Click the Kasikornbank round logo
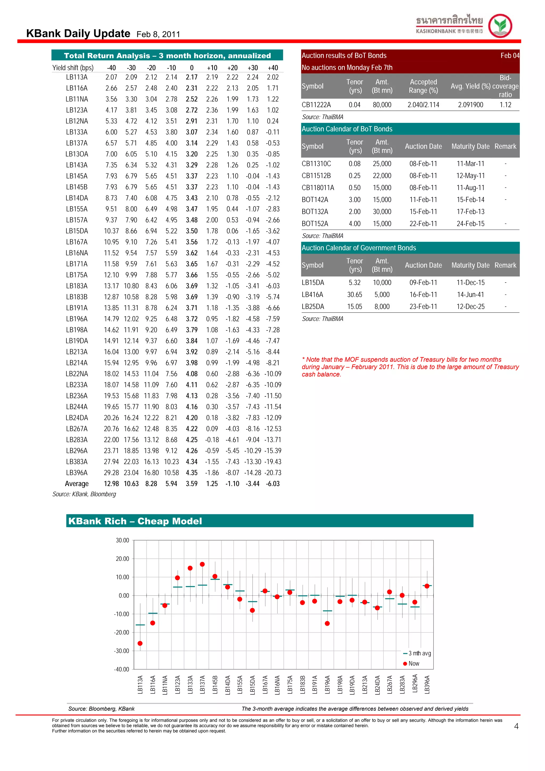pyautogui.click(x=500, y=26)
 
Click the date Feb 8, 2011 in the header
pyautogui.click(x=158, y=34)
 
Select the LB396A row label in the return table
pyautogui.click(x=77, y=472)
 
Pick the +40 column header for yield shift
pyautogui.click(x=273, y=68)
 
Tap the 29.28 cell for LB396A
pyautogui.click(x=111, y=472)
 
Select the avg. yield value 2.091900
pyautogui.click(x=470, y=105)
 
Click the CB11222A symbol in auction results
pyautogui.click(x=316, y=105)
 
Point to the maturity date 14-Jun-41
pyautogui.click(x=470, y=295)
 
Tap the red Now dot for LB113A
pyautogui.click(x=140, y=643)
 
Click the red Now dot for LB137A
pyautogui.click(x=202, y=564)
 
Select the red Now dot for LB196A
pyautogui.click(x=327, y=623)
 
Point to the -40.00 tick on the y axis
pyautogui.click(x=122, y=669)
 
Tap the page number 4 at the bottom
pyautogui.click(x=516, y=726)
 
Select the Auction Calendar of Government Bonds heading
pyautogui.click(x=359, y=248)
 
